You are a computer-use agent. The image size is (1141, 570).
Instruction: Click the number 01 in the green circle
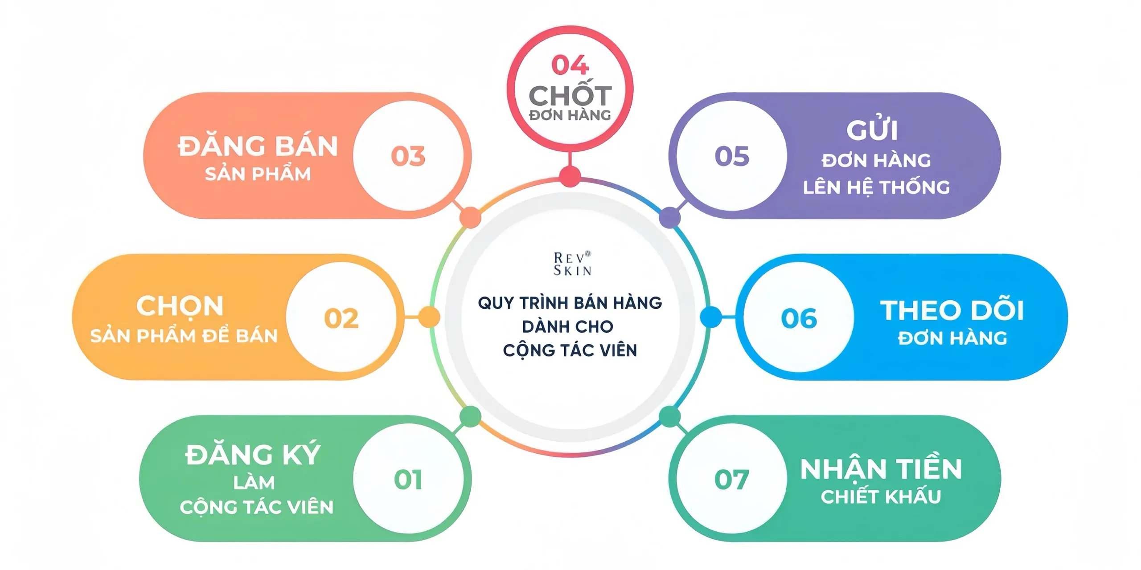coord(408,480)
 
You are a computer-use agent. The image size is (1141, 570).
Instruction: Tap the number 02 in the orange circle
coord(341,318)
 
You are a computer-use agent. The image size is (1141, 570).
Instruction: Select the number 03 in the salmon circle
coord(408,156)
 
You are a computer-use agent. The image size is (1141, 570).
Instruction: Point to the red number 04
coord(570,65)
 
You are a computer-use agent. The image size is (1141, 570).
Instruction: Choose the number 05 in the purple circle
coord(732,156)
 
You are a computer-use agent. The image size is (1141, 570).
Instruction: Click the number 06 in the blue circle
coord(799,318)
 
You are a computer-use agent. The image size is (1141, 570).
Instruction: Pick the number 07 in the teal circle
coord(731,480)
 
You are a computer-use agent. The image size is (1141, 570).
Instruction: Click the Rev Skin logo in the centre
coord(572,264)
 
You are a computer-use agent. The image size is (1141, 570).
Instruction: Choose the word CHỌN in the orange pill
coord(180,306)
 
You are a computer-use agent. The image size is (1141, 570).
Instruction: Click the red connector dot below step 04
coord(570,176)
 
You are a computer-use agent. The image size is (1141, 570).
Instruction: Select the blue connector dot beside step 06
coord(711,317)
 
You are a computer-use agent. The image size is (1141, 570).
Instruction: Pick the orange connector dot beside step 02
coord(429,317)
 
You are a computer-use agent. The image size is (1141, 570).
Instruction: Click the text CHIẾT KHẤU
coord(881,497)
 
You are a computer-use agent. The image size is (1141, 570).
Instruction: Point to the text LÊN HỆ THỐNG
coord(876,187)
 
